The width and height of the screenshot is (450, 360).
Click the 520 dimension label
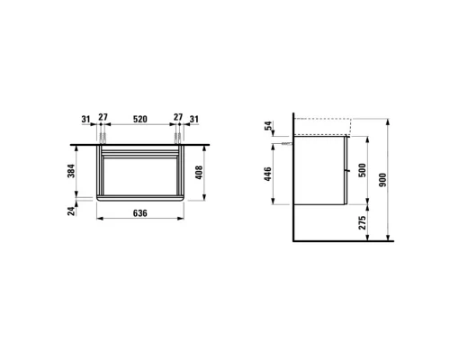pos(140,119)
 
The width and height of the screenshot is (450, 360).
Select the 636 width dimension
pos(140,213)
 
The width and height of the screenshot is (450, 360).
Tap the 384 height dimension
pos(71,171)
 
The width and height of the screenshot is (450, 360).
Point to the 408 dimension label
pos(199,173)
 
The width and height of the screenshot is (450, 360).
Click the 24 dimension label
pos(71,211)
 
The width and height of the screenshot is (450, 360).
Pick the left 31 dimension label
pos(85,119)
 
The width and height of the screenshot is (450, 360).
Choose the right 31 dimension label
pos(194,119)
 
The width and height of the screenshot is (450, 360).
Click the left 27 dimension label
pos(103,117)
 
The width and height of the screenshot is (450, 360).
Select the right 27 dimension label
pos(178,117)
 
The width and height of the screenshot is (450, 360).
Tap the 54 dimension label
pos(269,125)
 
